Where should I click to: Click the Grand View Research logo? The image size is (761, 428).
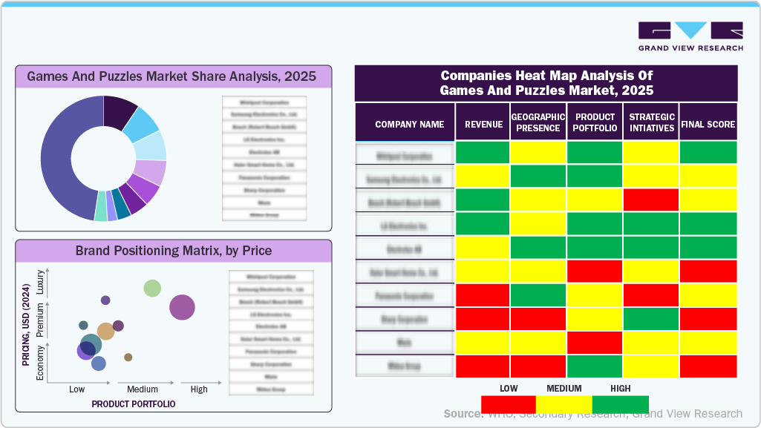coord(690,36)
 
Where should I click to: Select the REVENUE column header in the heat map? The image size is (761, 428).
coord(483,125)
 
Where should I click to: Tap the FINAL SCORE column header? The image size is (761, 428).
coord(708,125)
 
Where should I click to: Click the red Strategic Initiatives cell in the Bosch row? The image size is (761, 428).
coord(651,200)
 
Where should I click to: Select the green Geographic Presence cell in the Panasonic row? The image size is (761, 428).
coord(538,295)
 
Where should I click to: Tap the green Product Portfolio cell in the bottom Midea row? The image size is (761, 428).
coord(595,366)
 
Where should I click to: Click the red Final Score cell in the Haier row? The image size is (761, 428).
coord(708,271)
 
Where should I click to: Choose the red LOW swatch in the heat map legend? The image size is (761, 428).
coord(509,404)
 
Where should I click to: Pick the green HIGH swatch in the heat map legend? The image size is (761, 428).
coord(621,404)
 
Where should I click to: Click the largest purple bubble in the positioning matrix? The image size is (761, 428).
coord(182,307)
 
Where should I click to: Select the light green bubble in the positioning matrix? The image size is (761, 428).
coord(152,289)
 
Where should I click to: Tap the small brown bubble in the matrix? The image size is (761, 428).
coord(128,358)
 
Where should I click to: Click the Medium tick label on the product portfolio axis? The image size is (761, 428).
coord(143,389)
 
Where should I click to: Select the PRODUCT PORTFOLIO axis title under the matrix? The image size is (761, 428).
coord(134,404)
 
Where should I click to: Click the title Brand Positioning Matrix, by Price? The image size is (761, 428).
coord(173,251)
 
